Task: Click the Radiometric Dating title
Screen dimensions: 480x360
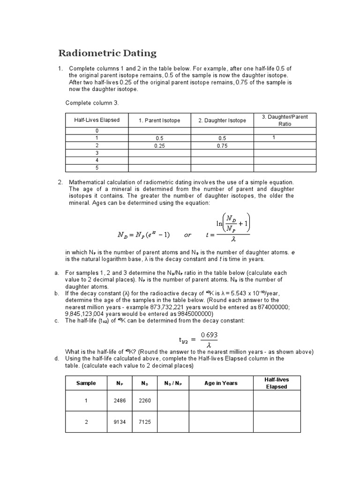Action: coord(107,53)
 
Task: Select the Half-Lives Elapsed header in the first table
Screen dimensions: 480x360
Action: coord(97,120)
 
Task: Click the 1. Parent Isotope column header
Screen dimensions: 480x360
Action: coord(159,120)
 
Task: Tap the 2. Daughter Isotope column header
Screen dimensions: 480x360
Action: coord(222,120)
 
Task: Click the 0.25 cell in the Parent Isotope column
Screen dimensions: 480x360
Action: coord(159,146)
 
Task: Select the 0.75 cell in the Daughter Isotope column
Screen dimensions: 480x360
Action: coord(222,146)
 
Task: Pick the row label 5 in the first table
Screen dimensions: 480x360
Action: coord(97,168)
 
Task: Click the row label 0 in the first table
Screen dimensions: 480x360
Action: coord(97,131)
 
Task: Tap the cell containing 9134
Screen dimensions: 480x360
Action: coord(120,422)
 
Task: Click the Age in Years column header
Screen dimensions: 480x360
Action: coord(221,383)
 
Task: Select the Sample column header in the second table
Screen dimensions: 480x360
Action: coord(86,383)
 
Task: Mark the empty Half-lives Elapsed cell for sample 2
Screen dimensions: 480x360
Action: coord(277,422)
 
